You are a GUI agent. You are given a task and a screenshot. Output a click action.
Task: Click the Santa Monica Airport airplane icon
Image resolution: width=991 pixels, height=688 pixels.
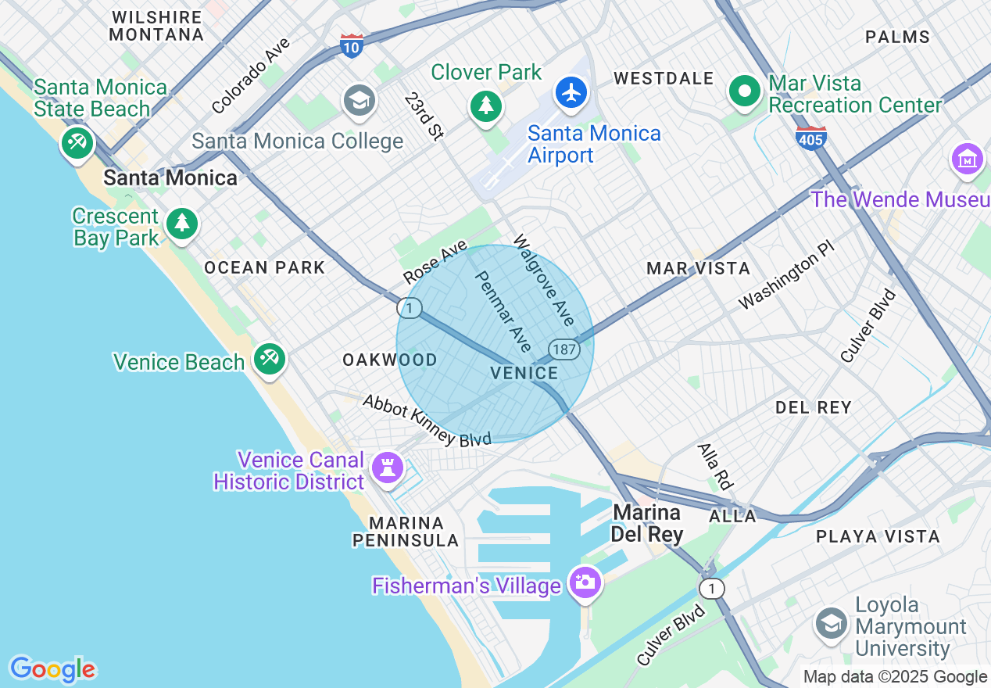click(572, 93)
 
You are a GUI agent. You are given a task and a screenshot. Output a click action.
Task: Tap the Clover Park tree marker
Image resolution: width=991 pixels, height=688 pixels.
click(486, 104)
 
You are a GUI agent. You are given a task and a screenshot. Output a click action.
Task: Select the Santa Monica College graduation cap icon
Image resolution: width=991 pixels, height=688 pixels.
click(360, 100)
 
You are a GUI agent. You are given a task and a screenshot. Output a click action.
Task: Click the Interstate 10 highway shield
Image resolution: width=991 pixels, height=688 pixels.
click(352, 45)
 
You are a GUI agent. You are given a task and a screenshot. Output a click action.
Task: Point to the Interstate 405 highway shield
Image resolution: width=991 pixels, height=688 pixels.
click(810, 138)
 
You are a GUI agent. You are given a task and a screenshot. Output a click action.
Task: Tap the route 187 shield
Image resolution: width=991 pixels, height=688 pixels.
click(563, 349)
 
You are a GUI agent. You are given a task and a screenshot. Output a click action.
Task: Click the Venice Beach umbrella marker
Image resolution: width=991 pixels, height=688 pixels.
click(270, 359)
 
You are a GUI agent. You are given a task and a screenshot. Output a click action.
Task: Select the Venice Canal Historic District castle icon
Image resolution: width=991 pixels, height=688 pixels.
click(387, 468)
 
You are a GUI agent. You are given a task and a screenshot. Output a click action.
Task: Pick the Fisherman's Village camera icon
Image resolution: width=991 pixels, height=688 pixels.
click(585, 582)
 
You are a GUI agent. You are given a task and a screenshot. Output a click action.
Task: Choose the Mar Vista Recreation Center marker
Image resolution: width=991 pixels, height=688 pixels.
click(746, 91)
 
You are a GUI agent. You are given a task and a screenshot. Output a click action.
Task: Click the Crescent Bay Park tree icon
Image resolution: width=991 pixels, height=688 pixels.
click(182, 224)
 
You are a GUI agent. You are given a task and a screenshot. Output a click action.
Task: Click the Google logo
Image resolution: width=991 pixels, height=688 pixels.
click(52, 669)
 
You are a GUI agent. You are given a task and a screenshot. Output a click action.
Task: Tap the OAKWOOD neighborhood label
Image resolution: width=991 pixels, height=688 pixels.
click(390, 360)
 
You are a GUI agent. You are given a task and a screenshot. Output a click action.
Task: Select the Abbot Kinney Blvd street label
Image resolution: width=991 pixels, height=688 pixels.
click(427, 420)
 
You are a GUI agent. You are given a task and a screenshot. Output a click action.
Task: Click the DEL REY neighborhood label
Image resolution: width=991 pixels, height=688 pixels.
click(813, 407)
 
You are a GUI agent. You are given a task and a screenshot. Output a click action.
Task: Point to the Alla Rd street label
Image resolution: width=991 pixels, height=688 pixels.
click(715, 467)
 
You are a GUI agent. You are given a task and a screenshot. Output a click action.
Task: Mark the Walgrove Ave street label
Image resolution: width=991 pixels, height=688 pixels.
click(544, 280)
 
